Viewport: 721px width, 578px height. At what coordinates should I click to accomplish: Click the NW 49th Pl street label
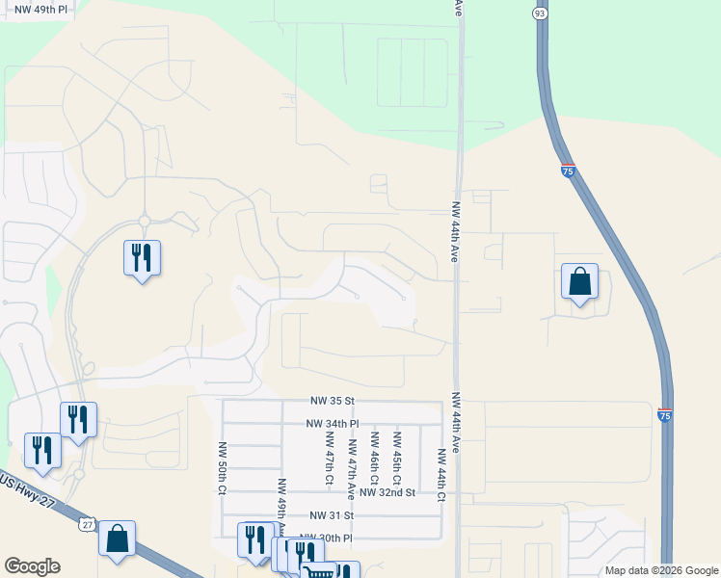(x=36, y=9)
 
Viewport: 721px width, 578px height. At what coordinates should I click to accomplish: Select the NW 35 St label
(x=333, y=400)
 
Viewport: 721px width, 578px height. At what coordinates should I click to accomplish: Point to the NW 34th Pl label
(x=332, y=423)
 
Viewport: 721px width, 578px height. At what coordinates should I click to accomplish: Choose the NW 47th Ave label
(x=352, y=466)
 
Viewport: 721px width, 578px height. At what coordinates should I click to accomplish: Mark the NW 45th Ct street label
(x=397, y=458)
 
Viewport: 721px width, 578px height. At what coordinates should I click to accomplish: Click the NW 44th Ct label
(x=441, y=475)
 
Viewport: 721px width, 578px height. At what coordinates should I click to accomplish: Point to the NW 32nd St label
(x=386, y=492)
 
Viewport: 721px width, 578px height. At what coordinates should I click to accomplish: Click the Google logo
(x=32, y=566)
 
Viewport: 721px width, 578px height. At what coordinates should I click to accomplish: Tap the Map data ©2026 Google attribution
(x=660, y=570)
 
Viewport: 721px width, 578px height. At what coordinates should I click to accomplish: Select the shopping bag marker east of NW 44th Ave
(x=579, y=282)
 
